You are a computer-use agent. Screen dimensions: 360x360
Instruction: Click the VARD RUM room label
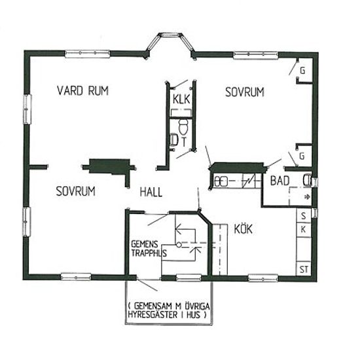tap(82, 90)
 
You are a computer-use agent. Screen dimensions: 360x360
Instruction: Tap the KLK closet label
tap(181, 99)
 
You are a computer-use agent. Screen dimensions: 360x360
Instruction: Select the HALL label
tap(151, 192)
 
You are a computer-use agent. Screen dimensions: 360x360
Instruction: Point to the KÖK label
tap(243, 228)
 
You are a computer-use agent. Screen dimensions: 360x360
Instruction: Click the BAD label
tap(279, 181)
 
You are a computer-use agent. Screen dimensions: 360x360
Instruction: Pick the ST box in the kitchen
tap(304, 269)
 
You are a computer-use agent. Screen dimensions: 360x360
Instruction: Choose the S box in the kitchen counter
tap(304, 216)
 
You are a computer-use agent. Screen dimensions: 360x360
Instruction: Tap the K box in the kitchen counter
tap(303, 229)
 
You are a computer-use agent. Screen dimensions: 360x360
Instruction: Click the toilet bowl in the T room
tap(183, 127)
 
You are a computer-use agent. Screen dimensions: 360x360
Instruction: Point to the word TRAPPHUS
tap(149, 253)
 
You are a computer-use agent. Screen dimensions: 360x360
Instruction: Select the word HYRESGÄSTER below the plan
tap(153, 314)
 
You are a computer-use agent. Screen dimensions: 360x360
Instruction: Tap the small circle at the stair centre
tap(179, 245)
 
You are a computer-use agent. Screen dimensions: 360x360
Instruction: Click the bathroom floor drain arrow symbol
tap(307, 197)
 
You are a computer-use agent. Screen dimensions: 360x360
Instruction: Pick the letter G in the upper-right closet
tap(302, 71)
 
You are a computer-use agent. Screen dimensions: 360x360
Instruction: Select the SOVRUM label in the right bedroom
tap(245, 92)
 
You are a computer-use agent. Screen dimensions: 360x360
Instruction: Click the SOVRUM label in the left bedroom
tap(75, 191)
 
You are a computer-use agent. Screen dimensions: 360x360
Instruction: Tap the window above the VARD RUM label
tap(88, 54)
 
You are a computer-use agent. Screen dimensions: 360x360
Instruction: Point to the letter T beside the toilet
tap(184, 142)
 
